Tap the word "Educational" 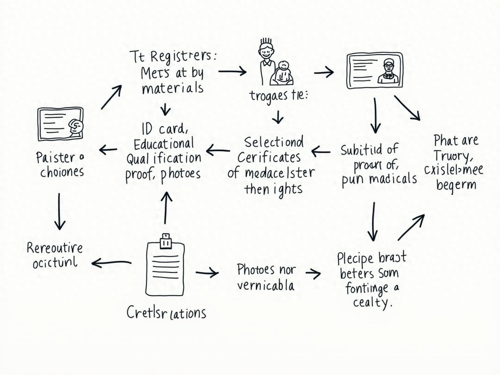[x=164, y=143]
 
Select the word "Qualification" [x=164, y=159]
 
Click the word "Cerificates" [x=269, y=157]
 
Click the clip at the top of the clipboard [x=166, y=241]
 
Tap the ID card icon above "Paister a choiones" [x=60, y=124]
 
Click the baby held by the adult [x=284, y=73]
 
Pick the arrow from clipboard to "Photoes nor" [x=207, y=273]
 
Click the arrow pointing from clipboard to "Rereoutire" [x=111, y=263]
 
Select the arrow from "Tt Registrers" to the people [x=232, y=72]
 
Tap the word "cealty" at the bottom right [x=372, y=302]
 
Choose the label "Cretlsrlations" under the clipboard [x=166, y=313]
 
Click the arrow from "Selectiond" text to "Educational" [x=218, y=151]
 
